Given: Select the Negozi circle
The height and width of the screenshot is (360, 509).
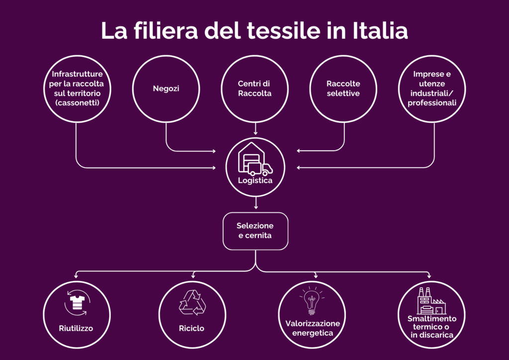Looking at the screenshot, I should click(166, 89).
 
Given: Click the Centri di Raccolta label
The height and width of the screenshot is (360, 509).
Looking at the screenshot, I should click(254, 89).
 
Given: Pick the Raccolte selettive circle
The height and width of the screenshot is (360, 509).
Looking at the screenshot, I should click(343, 89).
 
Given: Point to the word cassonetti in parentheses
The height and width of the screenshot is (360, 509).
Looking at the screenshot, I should click(78, 103).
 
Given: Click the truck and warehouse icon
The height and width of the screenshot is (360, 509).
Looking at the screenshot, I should click(255, 160).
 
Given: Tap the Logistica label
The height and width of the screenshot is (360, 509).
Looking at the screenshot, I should click(255, 180).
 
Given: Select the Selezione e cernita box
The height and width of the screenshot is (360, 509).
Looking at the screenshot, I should click(255, 231).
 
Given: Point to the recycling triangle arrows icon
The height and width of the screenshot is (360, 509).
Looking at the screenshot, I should click(192, 302).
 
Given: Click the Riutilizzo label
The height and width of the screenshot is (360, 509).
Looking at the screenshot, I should click(76, 328).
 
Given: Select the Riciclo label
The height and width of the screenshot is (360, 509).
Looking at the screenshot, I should click(192, 328).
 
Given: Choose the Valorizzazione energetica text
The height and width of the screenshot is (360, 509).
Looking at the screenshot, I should click(313, 328).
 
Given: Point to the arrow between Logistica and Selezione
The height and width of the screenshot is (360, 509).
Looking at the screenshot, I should click(255, 203).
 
